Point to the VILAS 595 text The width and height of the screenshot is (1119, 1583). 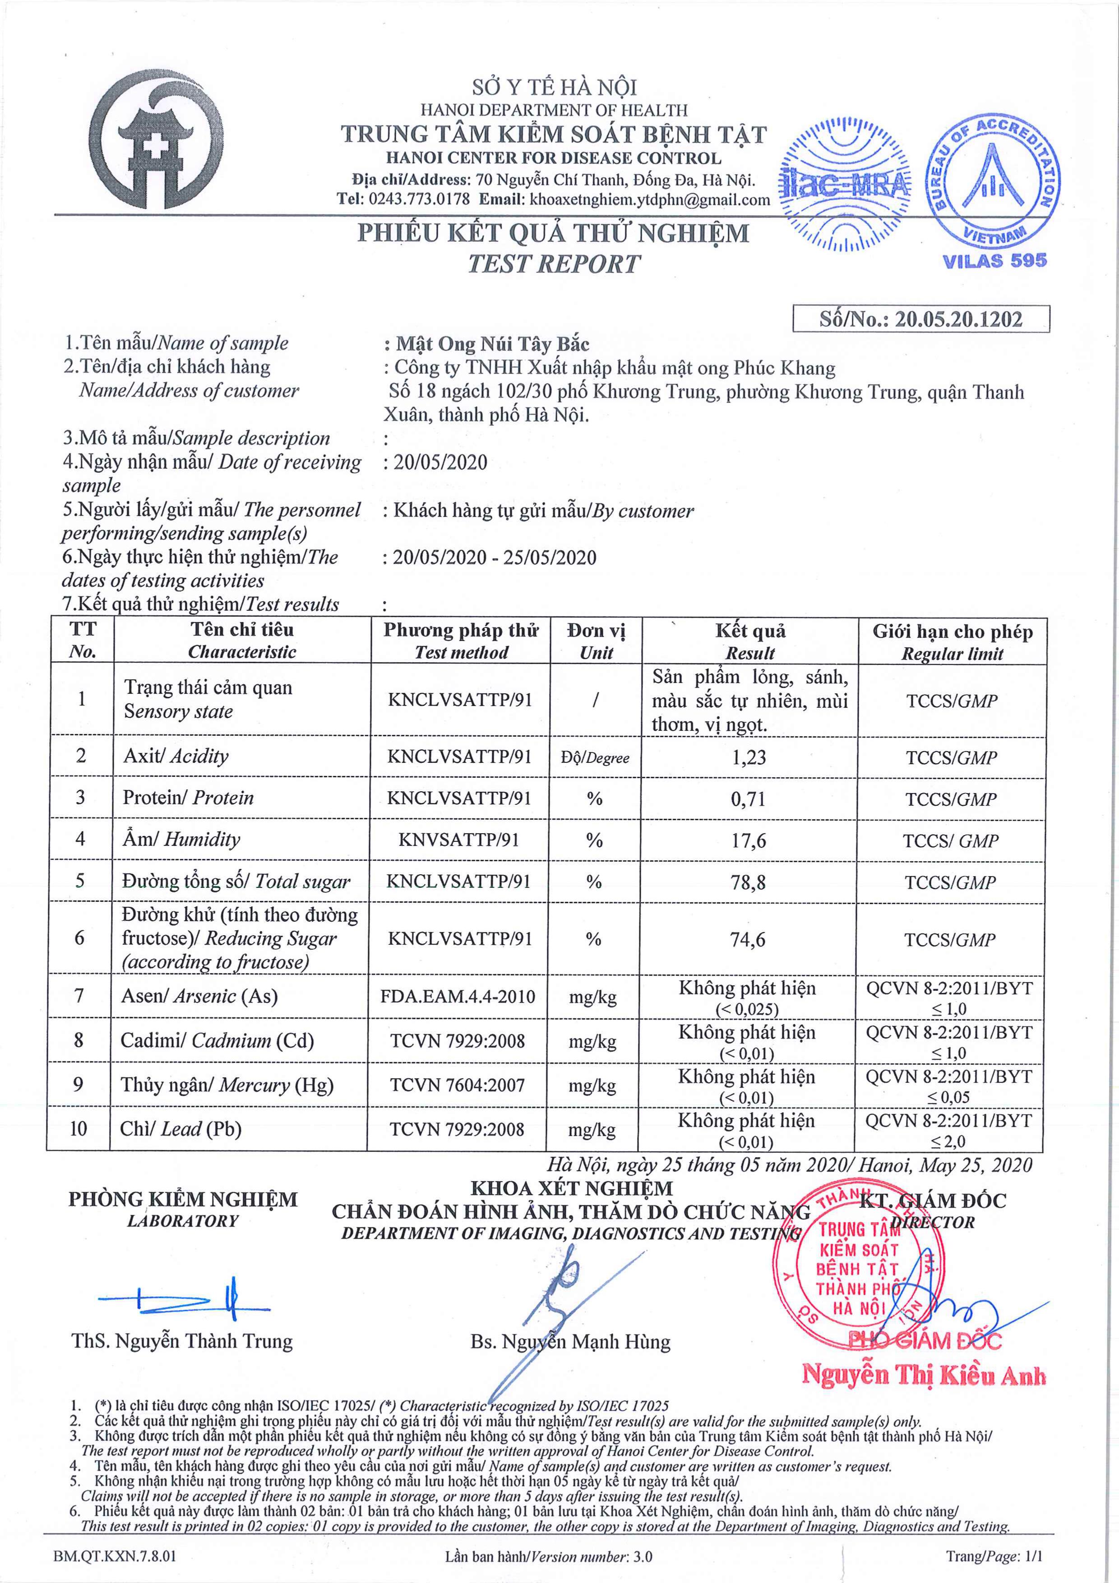coord(994,261)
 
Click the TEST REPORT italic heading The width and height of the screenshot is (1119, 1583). coord(554,264)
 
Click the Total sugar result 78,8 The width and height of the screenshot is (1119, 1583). coord(748,882)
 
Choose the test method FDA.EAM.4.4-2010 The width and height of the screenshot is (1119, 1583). coord(458,996)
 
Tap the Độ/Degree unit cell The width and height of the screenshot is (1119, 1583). coord(595,758)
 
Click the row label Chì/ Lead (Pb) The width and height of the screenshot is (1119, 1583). coord(180,1129)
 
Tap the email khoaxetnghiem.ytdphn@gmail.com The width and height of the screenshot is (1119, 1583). coord(649,200)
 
